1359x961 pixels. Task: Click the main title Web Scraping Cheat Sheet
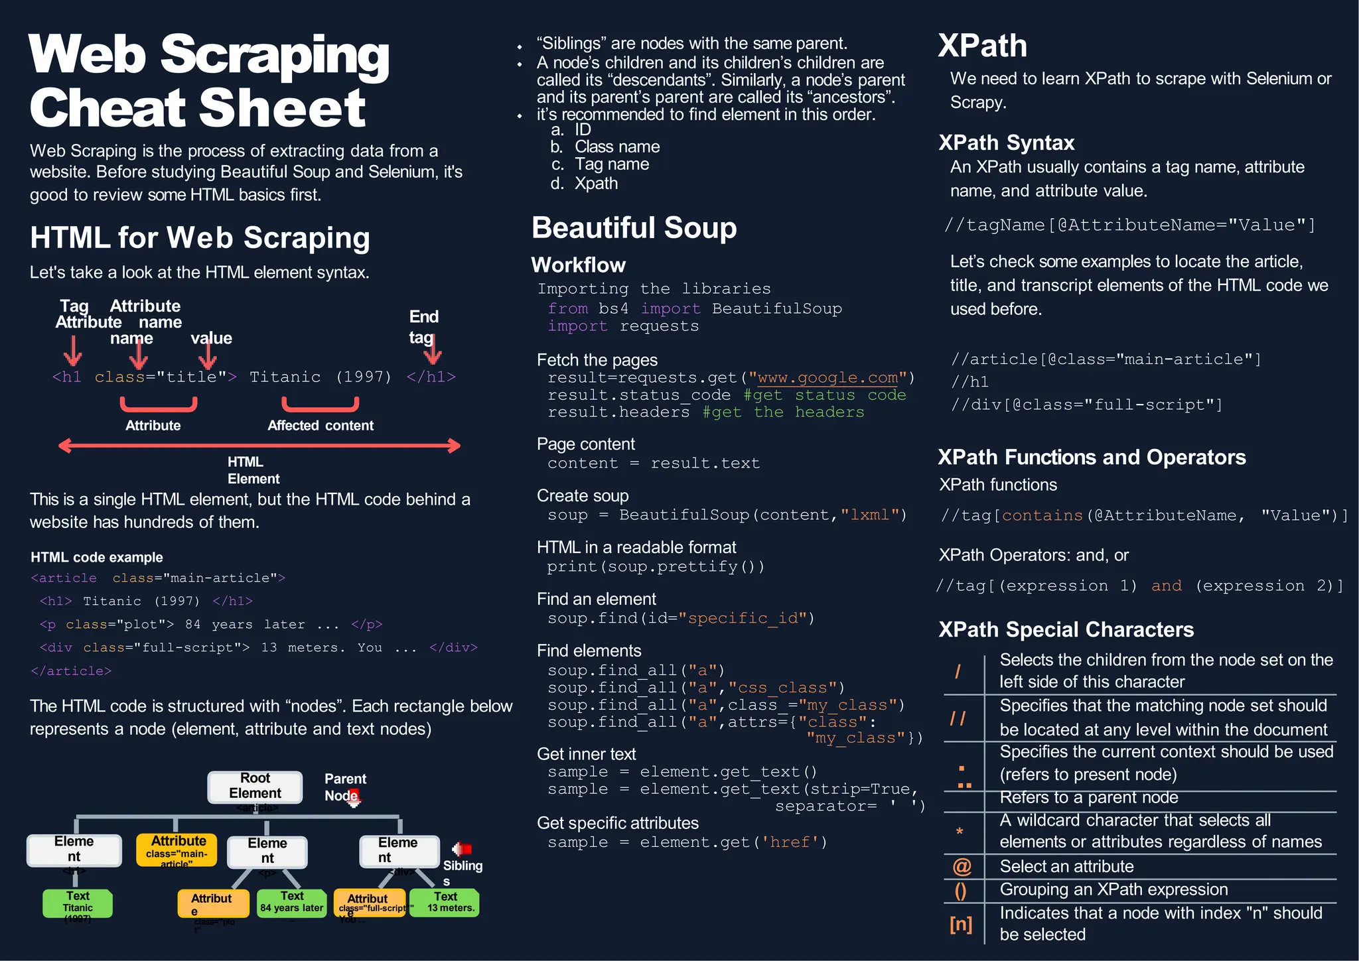[x=208, y=80]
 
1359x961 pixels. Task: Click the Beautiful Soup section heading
[x=634, y=227]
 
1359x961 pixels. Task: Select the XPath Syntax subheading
[x=1006, y=143]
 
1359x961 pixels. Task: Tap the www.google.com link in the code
[x=827, y=377]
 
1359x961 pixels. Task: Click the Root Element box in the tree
[x=255, y=786]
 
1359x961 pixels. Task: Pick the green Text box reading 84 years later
[x=291, y=903]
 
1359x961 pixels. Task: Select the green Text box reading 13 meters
[x=445, y=903]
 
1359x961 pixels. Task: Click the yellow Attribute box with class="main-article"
[x=177, y=850]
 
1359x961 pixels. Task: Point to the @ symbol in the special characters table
[x=962, y=866]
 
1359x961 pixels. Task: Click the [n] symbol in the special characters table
[x=960, y=924]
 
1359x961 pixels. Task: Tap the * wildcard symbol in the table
[x=960, y=832]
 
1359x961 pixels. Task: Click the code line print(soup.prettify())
[x=656, y=567]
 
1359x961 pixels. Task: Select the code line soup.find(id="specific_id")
[x=681, y=619]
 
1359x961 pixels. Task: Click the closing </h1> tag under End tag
[x=431, y=377]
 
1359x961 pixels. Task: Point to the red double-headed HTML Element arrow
[x=259, y=446]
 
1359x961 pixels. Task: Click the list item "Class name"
[x=616, y=147]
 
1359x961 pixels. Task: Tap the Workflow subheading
[x=578, y=265]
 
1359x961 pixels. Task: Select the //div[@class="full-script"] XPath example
[x=1086, y=405]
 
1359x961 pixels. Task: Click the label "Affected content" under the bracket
[x=321, y=426]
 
